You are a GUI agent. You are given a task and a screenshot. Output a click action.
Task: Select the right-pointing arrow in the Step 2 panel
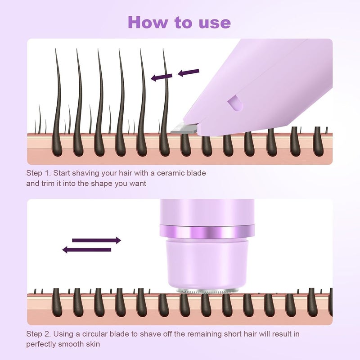point(96,240)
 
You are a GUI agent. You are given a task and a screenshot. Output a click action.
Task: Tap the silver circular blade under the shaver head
point(207,291)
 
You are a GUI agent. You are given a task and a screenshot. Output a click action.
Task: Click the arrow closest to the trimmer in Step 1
point(189,72)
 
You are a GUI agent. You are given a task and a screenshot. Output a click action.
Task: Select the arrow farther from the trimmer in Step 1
point(162,77)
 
